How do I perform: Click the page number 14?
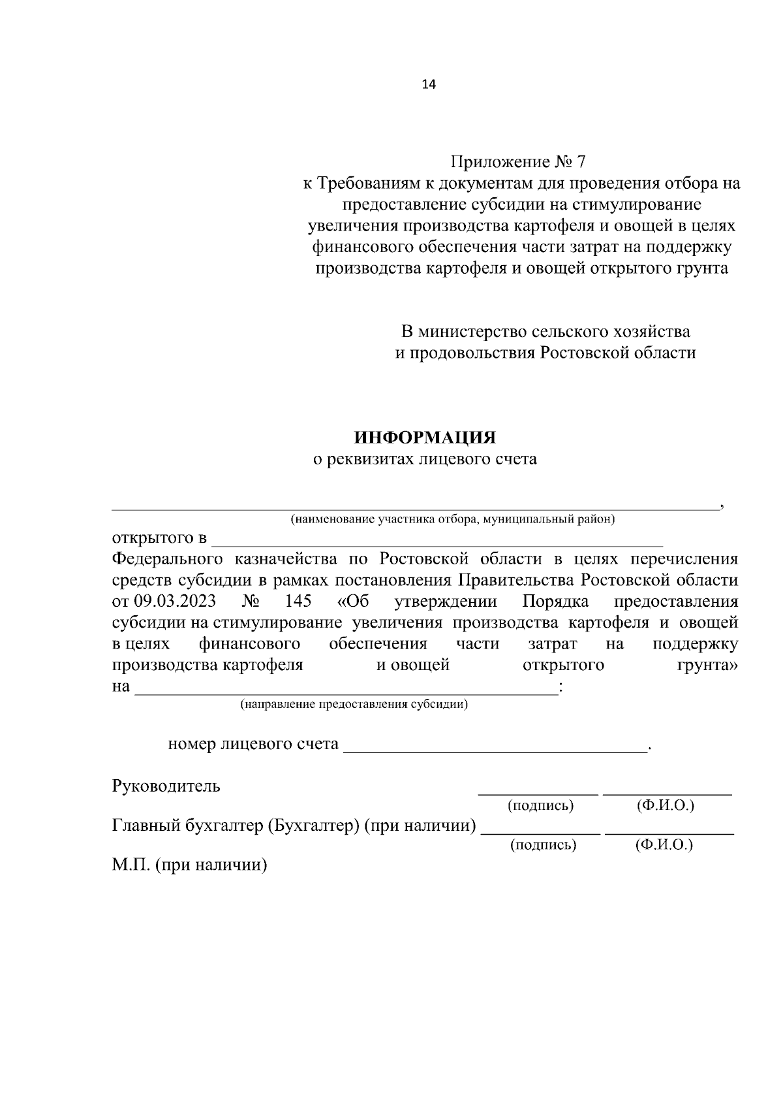coord(429,84)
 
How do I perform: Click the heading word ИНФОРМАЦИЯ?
coord(425,437)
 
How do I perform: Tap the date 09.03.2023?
coord(174,601)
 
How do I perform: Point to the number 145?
coord(298,601)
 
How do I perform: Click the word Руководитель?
coord(166,786)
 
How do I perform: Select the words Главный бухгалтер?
coord(187,826)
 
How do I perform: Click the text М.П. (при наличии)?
coord(190,866)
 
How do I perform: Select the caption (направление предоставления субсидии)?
coord(354,705)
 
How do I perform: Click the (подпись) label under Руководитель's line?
coord(540,806)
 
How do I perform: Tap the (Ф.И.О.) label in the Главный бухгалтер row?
coord(664,845)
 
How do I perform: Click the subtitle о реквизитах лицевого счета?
coord(425,459)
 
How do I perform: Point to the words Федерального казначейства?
coord(224,559)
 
